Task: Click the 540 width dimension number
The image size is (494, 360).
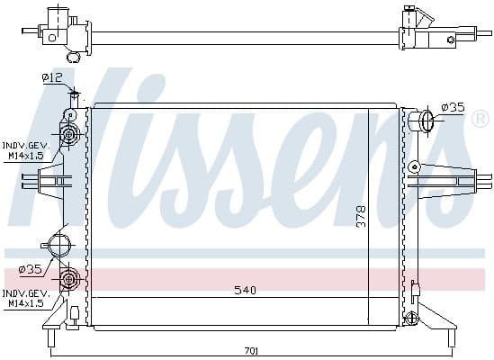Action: coord(245,291)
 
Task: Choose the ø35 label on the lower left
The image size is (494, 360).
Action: coord(30,268)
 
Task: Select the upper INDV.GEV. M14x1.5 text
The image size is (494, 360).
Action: coord(25,150)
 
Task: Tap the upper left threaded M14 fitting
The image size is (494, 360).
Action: coord(68,136)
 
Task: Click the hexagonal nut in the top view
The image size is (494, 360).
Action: coord(448,40)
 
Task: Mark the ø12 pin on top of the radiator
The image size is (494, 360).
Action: coord(74,96)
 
